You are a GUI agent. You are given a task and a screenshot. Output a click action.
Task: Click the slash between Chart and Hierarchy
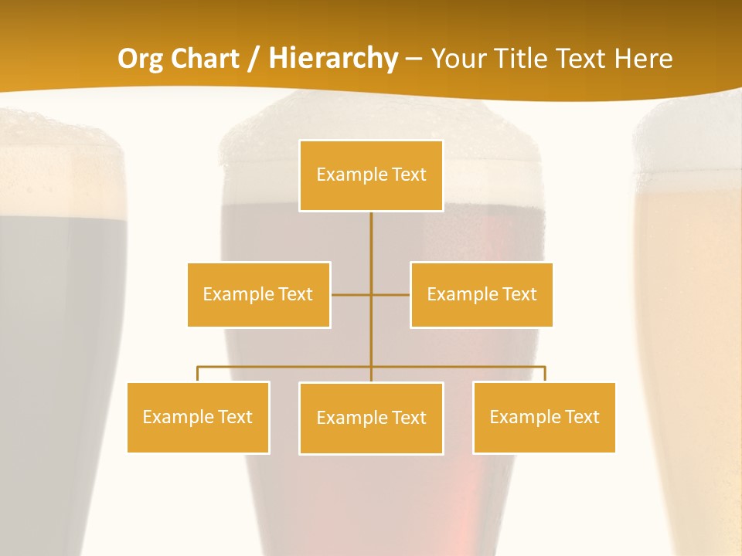(x=252, y=59)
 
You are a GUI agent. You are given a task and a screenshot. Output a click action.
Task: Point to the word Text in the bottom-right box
(x=581, y=417)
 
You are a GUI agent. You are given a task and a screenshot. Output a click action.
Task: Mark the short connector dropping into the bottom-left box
(x=198, y=374)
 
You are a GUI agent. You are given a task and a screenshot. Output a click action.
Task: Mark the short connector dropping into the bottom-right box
(x=545, y=374)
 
